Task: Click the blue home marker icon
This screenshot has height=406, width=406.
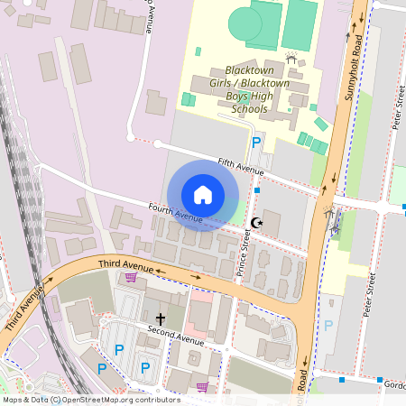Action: click(x=203, y=195)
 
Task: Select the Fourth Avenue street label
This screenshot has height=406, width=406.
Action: click(x=175, y=214)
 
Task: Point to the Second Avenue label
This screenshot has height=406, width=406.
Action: click(x=177, y=335)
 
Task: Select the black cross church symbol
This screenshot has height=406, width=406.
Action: click(x=161, y=318)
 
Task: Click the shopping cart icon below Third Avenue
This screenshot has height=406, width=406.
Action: click(x=131, y=277)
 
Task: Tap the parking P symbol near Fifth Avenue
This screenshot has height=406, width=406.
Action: click(x=256, y=143)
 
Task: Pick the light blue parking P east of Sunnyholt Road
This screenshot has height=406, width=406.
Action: click(x=328, y=326)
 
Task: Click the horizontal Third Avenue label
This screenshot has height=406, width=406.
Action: click(x=126, y=263)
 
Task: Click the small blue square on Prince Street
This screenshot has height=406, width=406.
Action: click(x=257, y=190)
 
